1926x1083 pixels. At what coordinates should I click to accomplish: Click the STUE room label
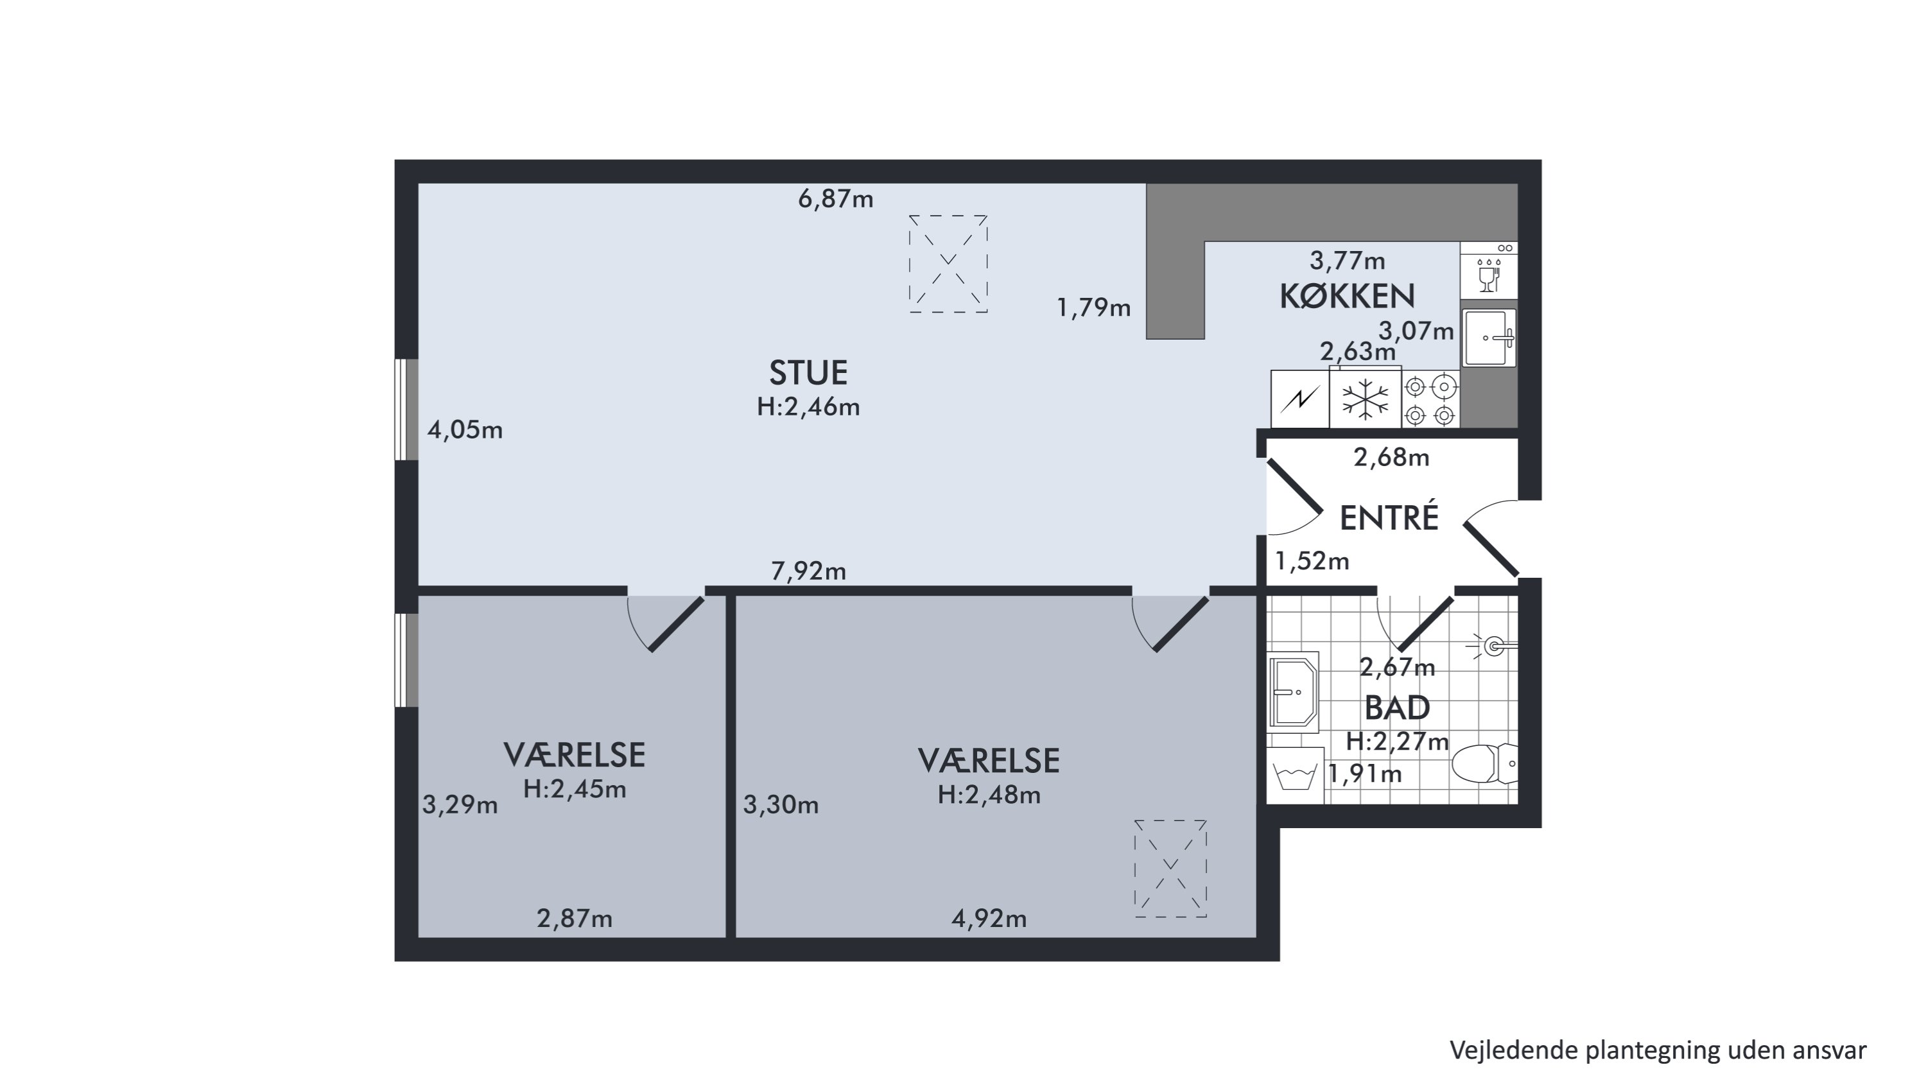(x=808, y=372)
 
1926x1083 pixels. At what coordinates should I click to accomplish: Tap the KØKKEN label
(x=1348, y=297)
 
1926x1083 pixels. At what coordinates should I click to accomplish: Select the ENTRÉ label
(x=1389, y=518)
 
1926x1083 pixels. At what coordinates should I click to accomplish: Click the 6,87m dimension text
(x=836, y=200)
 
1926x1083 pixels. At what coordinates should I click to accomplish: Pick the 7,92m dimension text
(x=809, y=571)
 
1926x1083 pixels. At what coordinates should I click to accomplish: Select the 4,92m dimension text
(x=989, y=919)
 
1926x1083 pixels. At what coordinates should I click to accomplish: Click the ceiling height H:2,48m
(x=989, y=795)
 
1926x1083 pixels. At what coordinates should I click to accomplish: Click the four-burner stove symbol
(x=1431, y=399)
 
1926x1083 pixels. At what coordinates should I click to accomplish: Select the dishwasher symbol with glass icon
(x=1489, y=270)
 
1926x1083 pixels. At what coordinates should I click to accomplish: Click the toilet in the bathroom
(x=1485, y=764)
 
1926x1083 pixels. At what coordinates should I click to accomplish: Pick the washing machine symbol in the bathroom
(x=1295, y=775)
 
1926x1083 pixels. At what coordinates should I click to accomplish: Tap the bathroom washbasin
(x=1293, y=692)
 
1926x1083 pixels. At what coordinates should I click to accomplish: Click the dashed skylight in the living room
(x=948, y=264)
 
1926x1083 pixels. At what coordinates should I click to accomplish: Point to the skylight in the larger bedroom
(x=1171, y=869)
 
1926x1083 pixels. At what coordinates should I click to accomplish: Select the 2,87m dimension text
(x=574, y=919)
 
